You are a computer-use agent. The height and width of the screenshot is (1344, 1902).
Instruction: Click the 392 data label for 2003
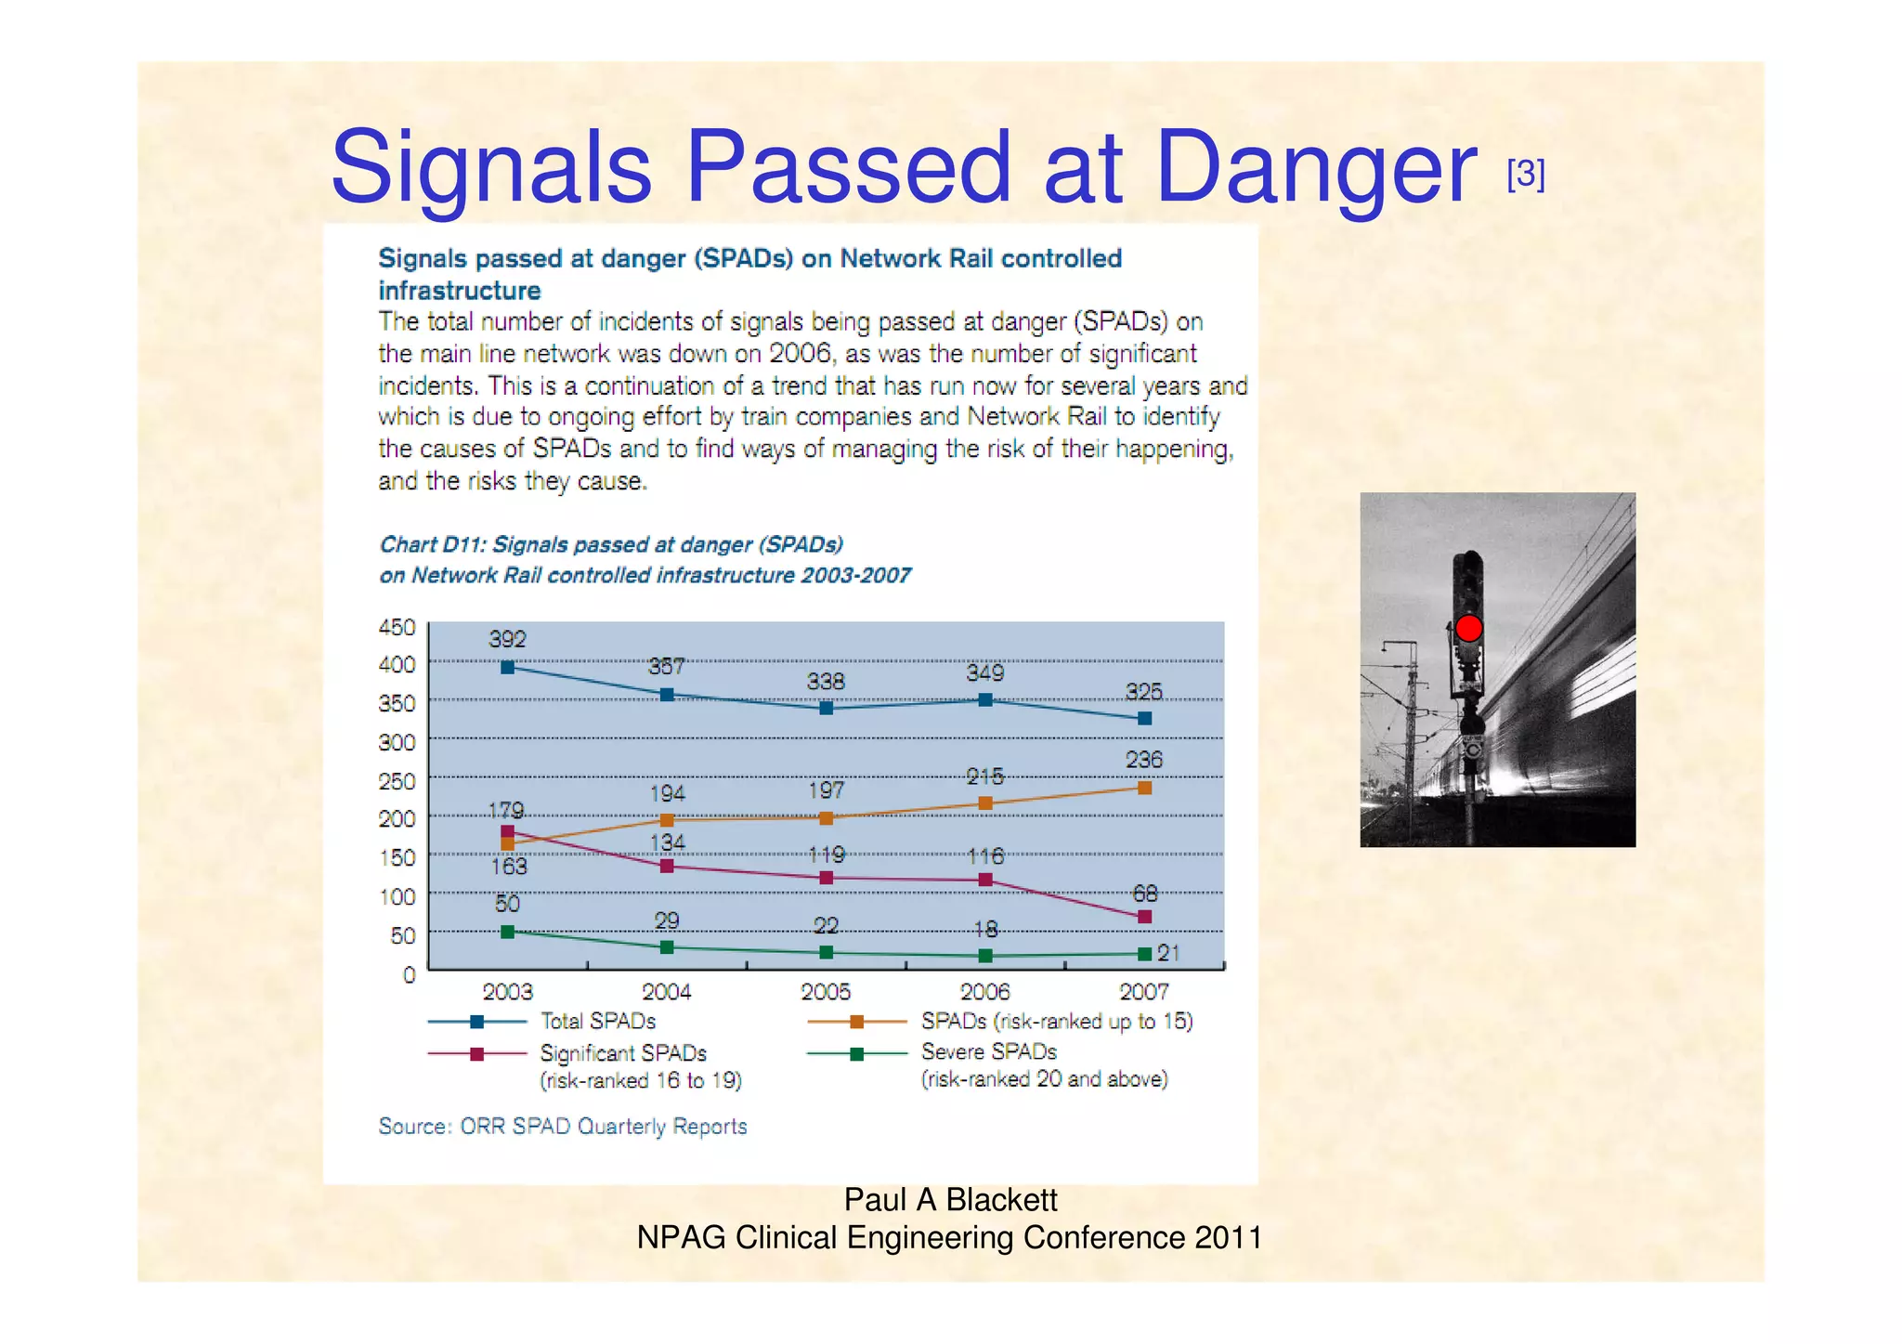[507, 639]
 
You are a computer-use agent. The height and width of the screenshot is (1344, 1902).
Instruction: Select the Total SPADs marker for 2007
[1144, 718]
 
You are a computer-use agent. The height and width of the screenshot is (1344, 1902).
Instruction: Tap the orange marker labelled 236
[1144, 788]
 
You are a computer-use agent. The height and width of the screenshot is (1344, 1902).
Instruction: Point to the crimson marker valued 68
[1144, 917]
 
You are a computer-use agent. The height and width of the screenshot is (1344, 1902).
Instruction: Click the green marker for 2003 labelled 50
[507, 932]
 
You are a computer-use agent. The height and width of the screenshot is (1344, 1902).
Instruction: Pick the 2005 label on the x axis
[826, 992]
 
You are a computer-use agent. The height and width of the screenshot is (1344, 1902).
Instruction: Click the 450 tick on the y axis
[397, 628]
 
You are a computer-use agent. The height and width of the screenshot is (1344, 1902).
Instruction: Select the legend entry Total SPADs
[597, 1022]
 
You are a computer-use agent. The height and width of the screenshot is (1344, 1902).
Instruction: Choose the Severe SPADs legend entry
[988, 1052]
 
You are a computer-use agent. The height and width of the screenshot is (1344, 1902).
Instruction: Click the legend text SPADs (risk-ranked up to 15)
[1056, 1022]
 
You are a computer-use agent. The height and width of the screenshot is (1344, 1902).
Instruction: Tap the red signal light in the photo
[1468, 629]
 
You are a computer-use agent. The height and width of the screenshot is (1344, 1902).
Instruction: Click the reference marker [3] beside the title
[1525, 174]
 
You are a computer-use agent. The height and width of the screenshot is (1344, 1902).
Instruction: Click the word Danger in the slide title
[1315, 167]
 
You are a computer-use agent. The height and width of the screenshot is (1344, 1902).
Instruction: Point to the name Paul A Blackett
[950, 1200]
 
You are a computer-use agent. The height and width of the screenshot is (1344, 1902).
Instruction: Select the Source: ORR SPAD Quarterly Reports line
[562, 1127]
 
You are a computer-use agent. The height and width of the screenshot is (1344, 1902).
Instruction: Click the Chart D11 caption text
[610, 545]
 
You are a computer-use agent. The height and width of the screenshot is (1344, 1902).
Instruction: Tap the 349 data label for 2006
[984, 672]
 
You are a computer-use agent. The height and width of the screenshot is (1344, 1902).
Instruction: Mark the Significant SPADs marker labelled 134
[666, 866]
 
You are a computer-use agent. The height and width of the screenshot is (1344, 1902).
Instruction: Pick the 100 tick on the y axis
[397, 897]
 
